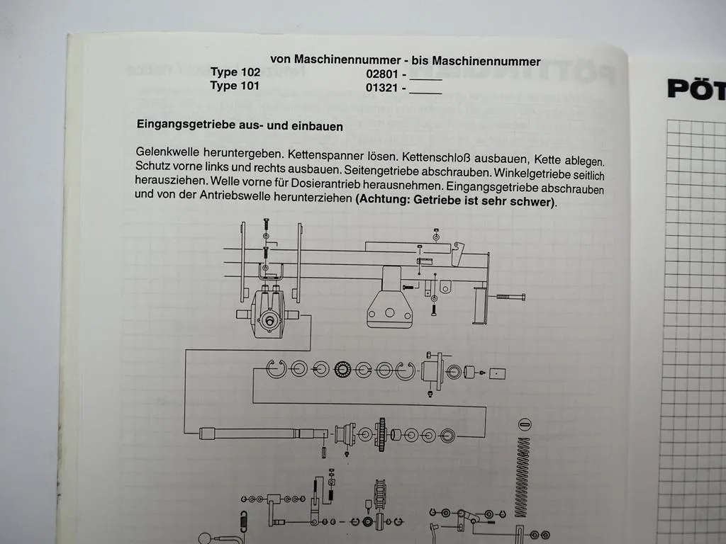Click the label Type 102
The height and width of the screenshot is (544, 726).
[x=235, y=72]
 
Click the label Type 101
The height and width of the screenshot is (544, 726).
[x=235, y=86]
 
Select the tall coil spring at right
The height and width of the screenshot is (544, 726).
[x=524, y=467]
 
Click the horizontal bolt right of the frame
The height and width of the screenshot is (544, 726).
[x=510, y=297]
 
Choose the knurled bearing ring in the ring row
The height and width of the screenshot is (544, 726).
[x=344, y=369]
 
